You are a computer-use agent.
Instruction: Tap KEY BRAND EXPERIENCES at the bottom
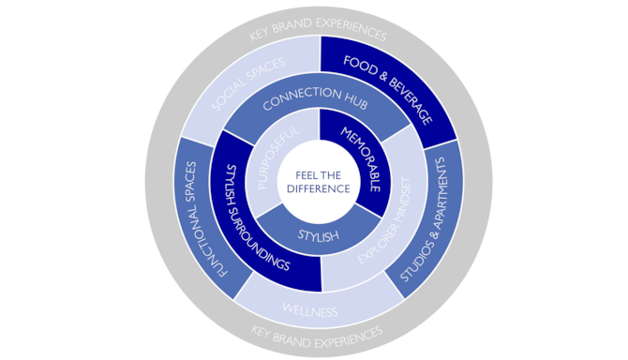tap(318, 334)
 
